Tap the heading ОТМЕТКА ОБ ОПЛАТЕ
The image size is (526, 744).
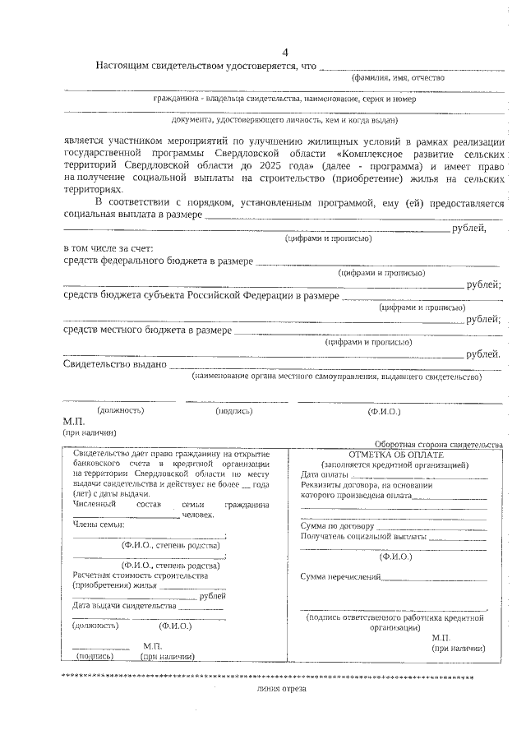click(395, 455)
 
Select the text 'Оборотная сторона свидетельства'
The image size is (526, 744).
click(438, 443)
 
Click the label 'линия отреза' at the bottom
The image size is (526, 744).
click(280, 689)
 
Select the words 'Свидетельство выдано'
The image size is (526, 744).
click(115, 364)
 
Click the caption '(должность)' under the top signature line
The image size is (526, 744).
click(121, 409)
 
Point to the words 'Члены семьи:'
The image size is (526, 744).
click(99, 524)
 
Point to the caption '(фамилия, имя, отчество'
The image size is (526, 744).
click(398, 77)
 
